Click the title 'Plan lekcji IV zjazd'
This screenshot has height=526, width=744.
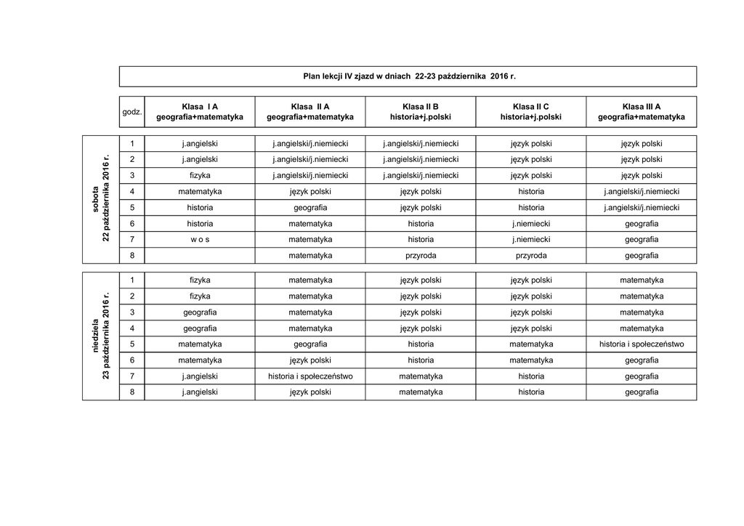[408, 76]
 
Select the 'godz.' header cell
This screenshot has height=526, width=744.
[132, 112]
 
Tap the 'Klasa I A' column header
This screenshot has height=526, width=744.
[200, 112]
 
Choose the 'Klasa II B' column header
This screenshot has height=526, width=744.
[421, 112]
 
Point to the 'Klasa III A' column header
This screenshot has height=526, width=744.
[642, 112]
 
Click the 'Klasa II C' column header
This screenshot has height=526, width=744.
[531, 112]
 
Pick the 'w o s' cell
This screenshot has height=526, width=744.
[200, 239]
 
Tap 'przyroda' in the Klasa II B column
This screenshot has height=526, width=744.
[421, 256]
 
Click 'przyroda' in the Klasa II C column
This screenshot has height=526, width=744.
[531, 256]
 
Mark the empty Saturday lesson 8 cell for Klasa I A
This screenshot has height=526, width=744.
[200, 256]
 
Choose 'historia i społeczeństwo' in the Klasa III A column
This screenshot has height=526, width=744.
[642, 344]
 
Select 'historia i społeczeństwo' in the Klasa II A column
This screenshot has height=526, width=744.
[310, 376]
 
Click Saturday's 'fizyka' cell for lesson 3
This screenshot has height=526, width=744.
[200, 175]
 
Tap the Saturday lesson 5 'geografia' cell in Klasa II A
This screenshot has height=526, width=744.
[310, 207]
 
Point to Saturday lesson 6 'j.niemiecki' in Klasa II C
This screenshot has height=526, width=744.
[531, 223]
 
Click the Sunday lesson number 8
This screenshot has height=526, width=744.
[132, 392]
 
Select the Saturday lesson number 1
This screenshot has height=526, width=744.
[132, 143]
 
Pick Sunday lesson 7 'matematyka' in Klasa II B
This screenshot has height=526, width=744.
[421, 376]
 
